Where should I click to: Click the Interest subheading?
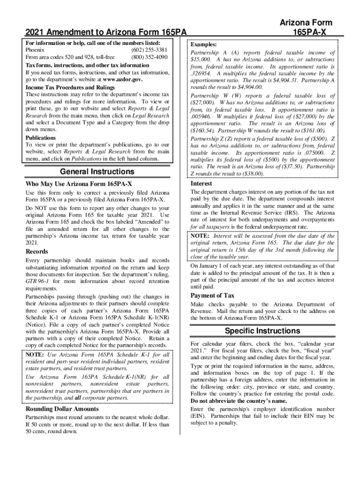(201, 183)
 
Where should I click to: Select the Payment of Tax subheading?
(212, 296)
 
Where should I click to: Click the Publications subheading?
(41, 138)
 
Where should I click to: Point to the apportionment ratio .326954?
(201, 74)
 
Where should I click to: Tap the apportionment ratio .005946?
(201, 117)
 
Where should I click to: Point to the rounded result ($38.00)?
(249, 174)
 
